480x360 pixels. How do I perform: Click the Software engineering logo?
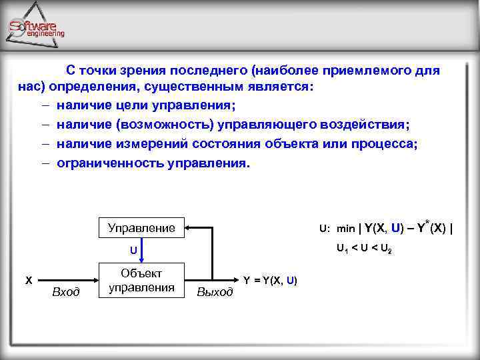(x=37, y=28)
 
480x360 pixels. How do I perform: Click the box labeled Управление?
(x=141, y=228)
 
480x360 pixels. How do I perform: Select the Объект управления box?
(x=141, y=279)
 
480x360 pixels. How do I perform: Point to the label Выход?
(x=215, y=292)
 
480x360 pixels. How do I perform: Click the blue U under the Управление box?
(x=133, y=251)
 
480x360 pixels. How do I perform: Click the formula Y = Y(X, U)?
(x=270, y=280)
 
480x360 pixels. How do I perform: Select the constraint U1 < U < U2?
(x=364, y=249)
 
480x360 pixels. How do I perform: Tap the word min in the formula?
(x=345, y=229)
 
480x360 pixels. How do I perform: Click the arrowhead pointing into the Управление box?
(x=189, y=228)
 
